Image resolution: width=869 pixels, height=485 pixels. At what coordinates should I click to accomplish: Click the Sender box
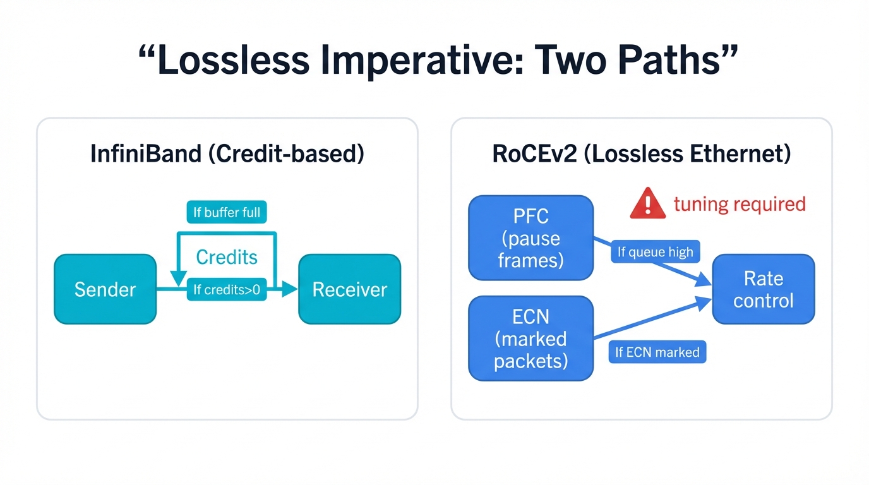[105, 289]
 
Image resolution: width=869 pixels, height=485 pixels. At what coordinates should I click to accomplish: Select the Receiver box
[349, 289]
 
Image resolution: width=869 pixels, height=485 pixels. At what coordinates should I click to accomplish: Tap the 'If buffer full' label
[227, 212]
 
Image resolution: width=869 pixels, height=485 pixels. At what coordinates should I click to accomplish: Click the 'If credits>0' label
[227, 290]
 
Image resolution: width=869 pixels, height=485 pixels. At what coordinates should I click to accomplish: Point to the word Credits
[227, 257]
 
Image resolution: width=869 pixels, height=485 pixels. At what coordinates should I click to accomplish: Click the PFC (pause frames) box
[530, 238]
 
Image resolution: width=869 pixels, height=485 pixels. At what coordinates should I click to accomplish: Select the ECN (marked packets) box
[530, 338]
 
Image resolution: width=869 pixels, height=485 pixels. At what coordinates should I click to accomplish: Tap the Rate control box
[763, 289]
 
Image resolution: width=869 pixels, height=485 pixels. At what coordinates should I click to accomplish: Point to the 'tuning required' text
[740, 205]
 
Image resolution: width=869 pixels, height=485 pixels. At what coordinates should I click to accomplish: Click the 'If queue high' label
[655, 253]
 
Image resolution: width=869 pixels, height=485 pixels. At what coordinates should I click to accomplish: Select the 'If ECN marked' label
[657, 352]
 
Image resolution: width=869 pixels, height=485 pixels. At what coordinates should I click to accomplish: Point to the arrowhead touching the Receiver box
[290, 289]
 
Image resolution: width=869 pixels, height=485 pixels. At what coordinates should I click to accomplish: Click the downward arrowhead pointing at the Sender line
[177, 279]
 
